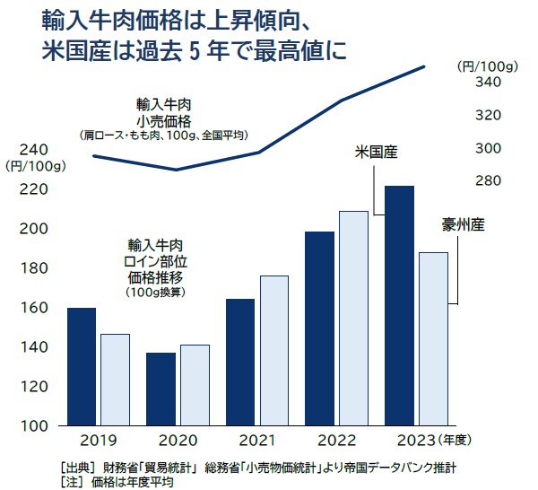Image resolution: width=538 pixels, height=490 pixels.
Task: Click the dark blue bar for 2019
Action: (82, 366)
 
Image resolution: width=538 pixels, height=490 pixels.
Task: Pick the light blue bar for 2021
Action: (273, 350)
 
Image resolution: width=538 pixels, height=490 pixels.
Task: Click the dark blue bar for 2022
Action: (319, 328)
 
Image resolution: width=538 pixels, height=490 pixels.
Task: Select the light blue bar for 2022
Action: (353, 318)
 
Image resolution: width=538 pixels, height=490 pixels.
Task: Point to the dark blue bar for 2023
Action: (399, 305)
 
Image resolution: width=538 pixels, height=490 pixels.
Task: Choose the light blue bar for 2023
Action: (433, 338)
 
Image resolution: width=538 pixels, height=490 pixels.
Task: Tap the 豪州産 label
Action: (464, 224)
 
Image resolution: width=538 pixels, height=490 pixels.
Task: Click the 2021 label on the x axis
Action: (256, 441)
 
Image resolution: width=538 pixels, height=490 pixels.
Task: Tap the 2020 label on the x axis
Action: (178, 441)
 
